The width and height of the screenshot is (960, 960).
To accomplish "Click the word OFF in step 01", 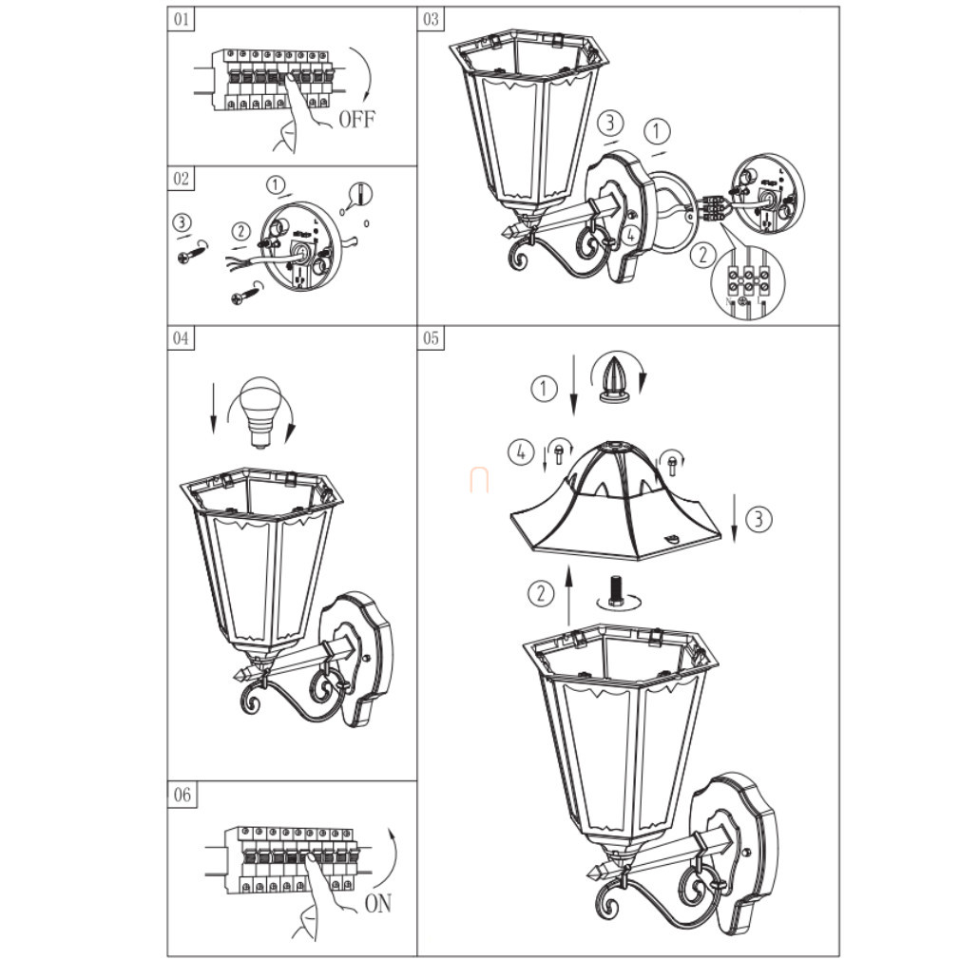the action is tap(356, 119).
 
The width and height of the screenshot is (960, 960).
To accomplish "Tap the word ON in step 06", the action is tap(377, 904).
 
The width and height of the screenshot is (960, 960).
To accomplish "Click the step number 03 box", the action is tap(431, 19).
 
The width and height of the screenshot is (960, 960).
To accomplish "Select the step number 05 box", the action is tap(431, 338).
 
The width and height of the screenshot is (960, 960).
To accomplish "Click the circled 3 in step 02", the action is tap(182, 222).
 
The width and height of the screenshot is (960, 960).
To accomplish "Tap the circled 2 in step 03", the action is tap(702, 254).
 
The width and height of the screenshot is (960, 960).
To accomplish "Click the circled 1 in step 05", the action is tap(543, 388).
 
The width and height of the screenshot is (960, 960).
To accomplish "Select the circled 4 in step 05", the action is tap(521, 453).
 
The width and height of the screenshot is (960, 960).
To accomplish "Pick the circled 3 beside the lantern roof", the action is tap(758, 519).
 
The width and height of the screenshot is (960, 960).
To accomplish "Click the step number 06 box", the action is tap(182, 795).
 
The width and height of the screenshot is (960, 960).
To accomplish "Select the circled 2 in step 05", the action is tap(540, 593).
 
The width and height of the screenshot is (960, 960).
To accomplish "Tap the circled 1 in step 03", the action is tap(657, 131).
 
